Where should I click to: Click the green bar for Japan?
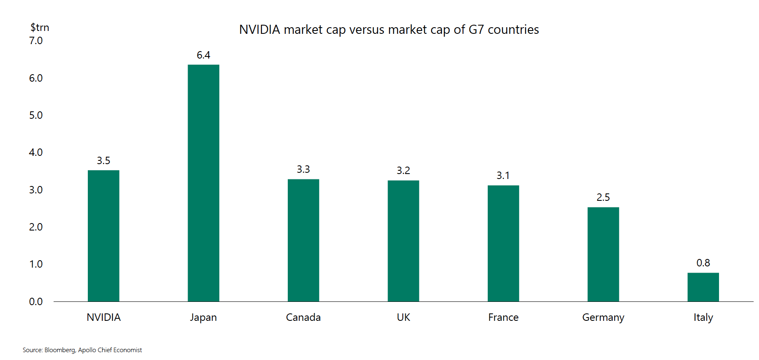pyautogui.click(x=203, y=183)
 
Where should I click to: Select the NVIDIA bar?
pyautogui.click(x=103, y=236)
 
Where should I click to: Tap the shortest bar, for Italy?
pyautogui.click(x=703, y=287)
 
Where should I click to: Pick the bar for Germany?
pyautogui.click(x=603, y=254)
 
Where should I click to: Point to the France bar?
pyautogui.click(x=503, y=243)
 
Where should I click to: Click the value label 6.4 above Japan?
pyautogui.click(x=203, y=55)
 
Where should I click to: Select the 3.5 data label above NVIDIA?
pyautogui.click(x=103, y=160)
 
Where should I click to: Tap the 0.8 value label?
pyautogui.click(x=703, y=263)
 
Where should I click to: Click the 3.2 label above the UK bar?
pyautogui.click(x=403, y=170)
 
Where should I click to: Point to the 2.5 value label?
pyautogui.click(x=603, y=197)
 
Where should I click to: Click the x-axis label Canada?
pyautogui.click(x=303, y=317)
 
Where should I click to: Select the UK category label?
pyautogui.click(x=403, y=317)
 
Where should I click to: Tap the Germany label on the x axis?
pyautogui.click(x=603, y=317)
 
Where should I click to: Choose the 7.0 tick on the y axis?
pyautogui.click(x=36, y=40)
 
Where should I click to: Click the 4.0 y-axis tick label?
pyautogui.click(x=36, y=152)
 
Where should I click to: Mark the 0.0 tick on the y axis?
pyautogui.click(x=36, y=301)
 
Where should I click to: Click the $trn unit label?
pyautogui.click(x=40, y=27)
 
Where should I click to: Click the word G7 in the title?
pyautogui.click(x=476, y=30)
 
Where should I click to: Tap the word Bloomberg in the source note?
pyautogui.click(x=60, y=350)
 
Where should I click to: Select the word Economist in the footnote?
pyautogui.click(x=127, y=350)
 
